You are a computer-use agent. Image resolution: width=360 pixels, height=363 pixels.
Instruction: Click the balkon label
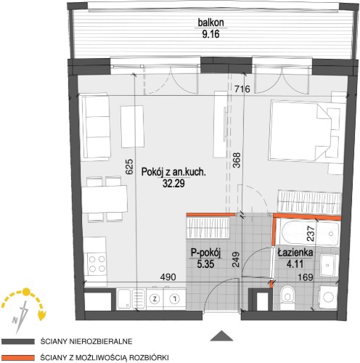pos(210,23)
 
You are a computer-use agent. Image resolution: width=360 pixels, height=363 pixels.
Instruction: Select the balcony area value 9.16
pos(210,34)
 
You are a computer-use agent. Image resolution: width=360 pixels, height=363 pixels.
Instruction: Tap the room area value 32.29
pos(173,184)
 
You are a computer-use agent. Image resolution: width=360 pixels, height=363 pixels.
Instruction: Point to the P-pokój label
pos(205,253)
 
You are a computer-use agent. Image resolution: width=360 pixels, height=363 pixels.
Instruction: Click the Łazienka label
pos(295,253)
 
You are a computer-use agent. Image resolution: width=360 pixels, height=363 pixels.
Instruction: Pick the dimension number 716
pos(242,89)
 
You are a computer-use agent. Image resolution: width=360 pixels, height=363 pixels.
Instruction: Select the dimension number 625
pos(129,166)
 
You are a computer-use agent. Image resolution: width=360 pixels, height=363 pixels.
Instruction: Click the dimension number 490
pos(168,277)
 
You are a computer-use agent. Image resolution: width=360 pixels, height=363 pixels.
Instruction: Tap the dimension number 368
pos(237,160)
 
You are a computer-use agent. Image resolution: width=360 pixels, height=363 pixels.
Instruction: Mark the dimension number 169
pos(306,277)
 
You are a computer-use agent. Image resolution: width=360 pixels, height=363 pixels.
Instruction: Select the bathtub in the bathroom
pos(309,233)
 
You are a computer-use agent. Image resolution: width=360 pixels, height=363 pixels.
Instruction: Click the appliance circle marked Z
pos(155,299)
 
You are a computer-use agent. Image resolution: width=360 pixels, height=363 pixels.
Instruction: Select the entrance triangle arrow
pos(221,335)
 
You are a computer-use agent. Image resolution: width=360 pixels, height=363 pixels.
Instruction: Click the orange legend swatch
pos(18,358)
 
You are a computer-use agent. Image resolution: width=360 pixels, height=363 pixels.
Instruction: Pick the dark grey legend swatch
pos(18,341)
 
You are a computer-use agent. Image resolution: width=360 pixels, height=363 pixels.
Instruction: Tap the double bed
pos(300,131)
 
